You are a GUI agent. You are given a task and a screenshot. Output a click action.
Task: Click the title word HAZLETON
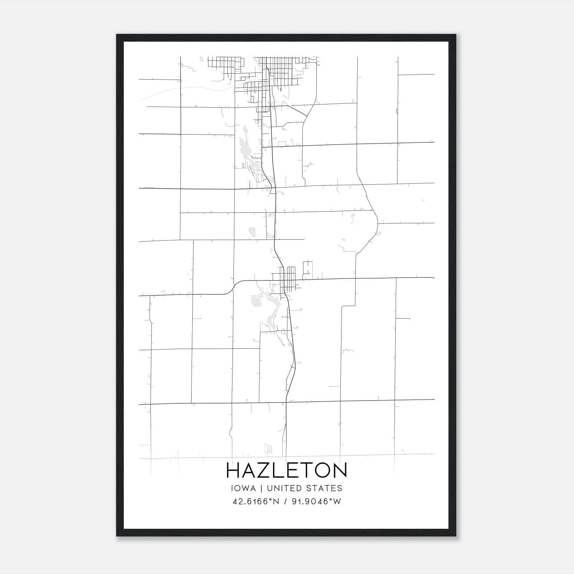(x=287, y=470)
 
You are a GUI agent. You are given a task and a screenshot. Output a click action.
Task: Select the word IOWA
(x=244, y=488)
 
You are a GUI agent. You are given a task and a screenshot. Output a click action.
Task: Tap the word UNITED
(x=284, y=488)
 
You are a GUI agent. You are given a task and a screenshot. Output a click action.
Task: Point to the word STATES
(x=324, y=488)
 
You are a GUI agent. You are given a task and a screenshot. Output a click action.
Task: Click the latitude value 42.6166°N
(x=256, y=502)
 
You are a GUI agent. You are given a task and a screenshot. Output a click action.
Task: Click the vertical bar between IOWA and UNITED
(x=262, y=488)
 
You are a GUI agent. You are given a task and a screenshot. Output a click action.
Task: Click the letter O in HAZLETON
(x=319, y=470)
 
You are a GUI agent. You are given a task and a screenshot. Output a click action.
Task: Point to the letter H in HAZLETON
(x=233, y=470)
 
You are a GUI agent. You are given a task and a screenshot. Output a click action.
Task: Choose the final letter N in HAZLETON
(x=339, y=470)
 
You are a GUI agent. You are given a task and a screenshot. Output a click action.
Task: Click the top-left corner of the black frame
(x=117, y=35)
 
